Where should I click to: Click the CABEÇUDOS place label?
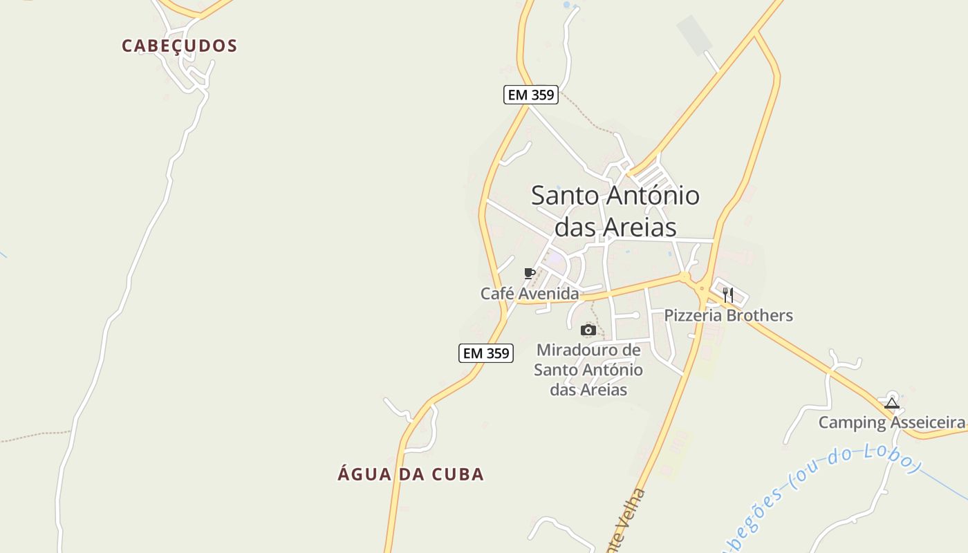tap(179, 46)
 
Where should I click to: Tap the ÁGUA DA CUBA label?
tap(411, 474)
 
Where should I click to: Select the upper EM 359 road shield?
tap(530, 95)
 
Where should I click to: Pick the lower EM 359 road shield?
tap(485, 353)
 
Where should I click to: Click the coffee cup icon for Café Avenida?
tap(530, 274)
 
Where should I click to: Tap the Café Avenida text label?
tap(530, 294)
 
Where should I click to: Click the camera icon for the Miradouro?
tap(588, 330)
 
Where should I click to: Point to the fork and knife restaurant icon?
tap(728, 295)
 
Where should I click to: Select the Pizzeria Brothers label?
tap(728, 315)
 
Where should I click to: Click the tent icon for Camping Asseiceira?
tap(891, 403)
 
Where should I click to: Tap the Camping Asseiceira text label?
tap(891, 422)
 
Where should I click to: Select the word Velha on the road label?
tap(637, 509)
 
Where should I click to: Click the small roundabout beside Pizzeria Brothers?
tap(702, 289)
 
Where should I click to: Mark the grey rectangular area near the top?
tap(694, 32)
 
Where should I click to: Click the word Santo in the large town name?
tap(564, 196)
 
